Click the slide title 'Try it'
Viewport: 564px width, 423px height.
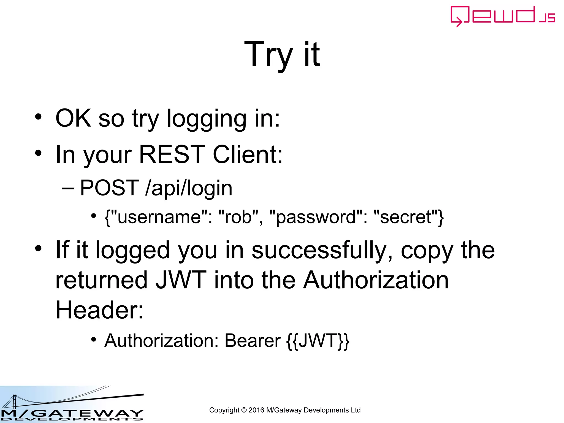pyautogui.click(x=282, y=54)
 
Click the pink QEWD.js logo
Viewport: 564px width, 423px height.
pyautogui.click(x=502, y=16)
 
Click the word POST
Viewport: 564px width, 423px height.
pyautogui.click(x=109, y=188)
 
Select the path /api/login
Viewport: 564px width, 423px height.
pyautogui.click(x=189, y=188)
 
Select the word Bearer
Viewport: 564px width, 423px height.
pyautogui.click(x=253, y=341)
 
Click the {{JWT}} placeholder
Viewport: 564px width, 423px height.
pyautogui.click(x=318, y=341)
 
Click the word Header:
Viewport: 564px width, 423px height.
pyautogui.click(x=99, y=310)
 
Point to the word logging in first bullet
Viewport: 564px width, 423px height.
pyautogui.click(x=207, y=119)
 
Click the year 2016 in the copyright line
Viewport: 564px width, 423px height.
pyautogui.click(x=256, y=410)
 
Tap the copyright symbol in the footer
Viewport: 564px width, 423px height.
pyautogui.click(x=244, y=410)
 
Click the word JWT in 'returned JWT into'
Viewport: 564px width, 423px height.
pyautogui.click(x=181, y=280)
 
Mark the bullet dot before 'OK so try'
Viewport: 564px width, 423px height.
pyautogui.click(x=38, y=117)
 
